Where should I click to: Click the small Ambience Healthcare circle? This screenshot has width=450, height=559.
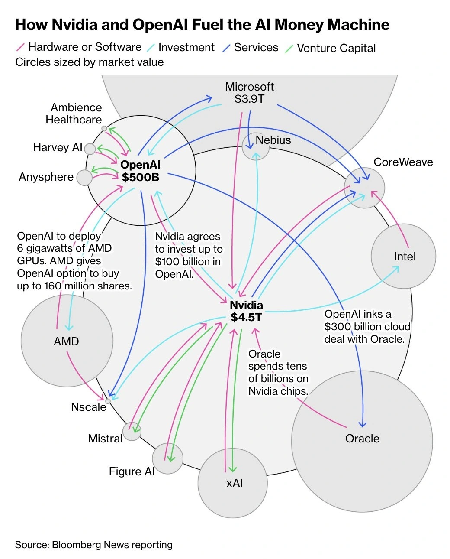pos(104,128)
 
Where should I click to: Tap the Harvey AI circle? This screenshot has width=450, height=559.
pos(90,149)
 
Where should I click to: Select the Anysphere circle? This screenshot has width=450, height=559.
pos(84,178)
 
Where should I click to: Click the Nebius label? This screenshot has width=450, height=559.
pos(273,140)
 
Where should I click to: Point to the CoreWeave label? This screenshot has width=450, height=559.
pos(403,162)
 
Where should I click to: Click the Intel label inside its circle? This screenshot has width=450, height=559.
pos(405,257)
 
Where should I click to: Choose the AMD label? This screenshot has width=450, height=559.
pos(66,341)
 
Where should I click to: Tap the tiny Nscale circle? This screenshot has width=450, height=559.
pos(108,401)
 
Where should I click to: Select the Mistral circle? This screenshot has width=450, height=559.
pos(132,431)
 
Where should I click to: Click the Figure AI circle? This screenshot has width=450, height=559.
pos(167,458)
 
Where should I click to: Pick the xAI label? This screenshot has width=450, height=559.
pos(235,483)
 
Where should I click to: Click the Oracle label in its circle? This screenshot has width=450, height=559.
pos(362,439)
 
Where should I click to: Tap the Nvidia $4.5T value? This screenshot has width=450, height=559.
pos(246,317)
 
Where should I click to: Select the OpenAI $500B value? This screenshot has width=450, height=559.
pos(140,177)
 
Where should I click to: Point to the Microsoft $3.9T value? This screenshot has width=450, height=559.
pos(249,99)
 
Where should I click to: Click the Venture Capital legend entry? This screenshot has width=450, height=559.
pos(336,48)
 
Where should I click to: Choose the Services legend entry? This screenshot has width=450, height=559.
pos(256,47)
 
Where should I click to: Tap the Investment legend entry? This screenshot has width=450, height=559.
pos(186,47)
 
